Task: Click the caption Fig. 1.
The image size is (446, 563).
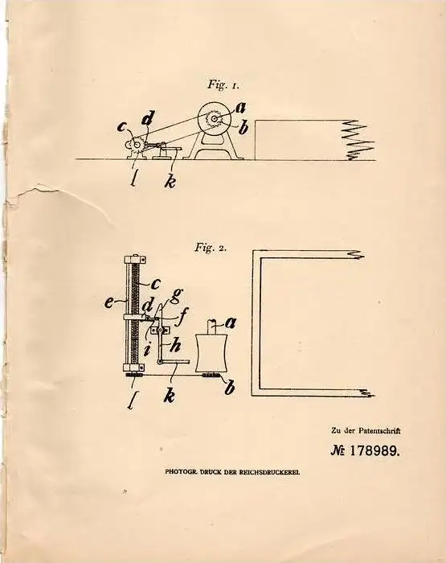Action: (x=223, y=85)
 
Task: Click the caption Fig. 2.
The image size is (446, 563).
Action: (x=211, y=247)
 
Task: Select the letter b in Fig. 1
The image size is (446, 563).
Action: (x=243, y=128)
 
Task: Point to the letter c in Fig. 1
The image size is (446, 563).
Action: (x=123, y=127)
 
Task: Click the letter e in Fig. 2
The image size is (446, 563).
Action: (x=109, y=304)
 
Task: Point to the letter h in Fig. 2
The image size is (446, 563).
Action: (x=174, y=346)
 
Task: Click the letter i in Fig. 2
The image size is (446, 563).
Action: (x=146, y=349)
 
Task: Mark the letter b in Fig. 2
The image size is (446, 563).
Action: (x=230, y=387)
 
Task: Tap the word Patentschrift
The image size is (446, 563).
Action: (x=379, y=430)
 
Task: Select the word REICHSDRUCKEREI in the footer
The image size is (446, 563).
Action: (x=271, y=472)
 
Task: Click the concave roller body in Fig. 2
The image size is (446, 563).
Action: (x=211, y=353)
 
